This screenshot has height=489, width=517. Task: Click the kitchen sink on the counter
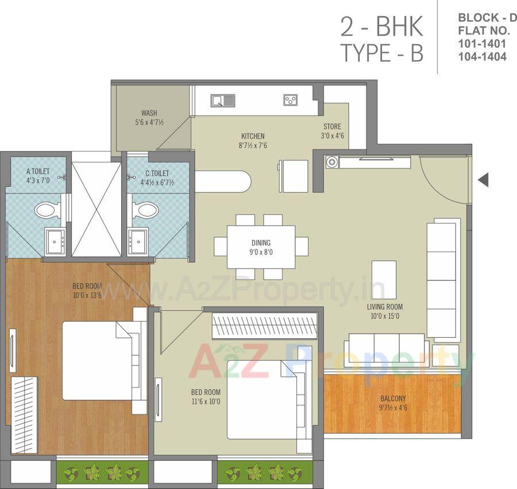pyautogui.click(x=222, y=101)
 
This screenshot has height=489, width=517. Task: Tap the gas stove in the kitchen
pyautogui.click(x=290, y=101)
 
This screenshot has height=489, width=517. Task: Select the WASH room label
pyautogui.click(x=149, y=117)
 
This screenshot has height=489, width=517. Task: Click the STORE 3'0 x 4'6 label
pyautogui.click(x=331, y=131)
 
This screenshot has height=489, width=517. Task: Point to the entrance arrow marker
pyautogui.click(x=483, y=180)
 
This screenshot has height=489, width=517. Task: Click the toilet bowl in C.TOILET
pyautogui.click(x=145, y=210)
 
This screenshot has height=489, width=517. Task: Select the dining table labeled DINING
pyautogui.click(x=261, y=247)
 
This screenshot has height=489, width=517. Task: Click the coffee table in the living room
pyautogui.click(x=384, y=279)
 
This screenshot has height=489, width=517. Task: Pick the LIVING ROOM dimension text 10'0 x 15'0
pyautogui.click(x=384, y=315)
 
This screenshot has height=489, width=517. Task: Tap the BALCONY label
pyautogui.click(x=393, y=403)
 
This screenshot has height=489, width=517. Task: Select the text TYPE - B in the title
pyautogui.click(x=382, y=53)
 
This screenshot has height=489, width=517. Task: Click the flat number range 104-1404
pyautogui.click(x=482, y=56)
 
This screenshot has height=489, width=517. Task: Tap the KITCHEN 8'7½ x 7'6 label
pyautogui.click(x=253, y=141)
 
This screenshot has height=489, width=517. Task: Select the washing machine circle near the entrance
pyautogui.click(x=331, y=162)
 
